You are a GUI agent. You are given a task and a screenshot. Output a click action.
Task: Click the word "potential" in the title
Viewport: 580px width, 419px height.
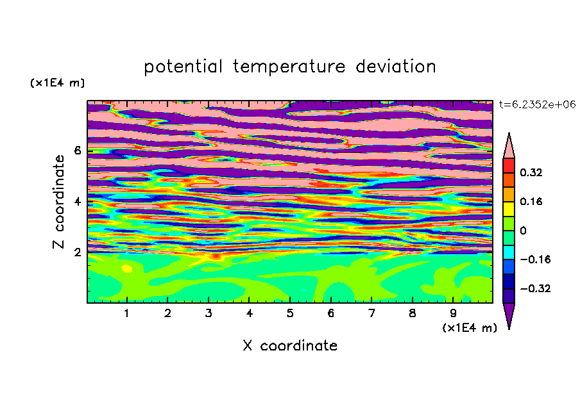pyautogui.click(x=183, y=67)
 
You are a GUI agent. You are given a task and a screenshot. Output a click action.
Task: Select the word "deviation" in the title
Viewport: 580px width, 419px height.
pyautogui.click(x=396, y=67)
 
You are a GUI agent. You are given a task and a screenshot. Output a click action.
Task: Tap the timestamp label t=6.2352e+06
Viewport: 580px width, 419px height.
pyautogui.click(x=537, y=104)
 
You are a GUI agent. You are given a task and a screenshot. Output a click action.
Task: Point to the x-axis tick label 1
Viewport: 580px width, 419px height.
pyautogui.click(x=127, y=313)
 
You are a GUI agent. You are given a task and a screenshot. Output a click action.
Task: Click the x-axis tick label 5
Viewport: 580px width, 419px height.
pyautogui.click(x=290, y=313)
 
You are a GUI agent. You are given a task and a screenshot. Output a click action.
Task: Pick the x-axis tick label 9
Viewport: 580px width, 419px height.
pyautogui.click(x=453, y=313)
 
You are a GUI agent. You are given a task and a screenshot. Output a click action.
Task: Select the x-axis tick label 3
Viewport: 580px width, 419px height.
pyautogui.click(x=209, y=313)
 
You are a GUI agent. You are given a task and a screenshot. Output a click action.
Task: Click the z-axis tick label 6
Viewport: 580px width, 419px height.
pyautogui.click(x=77, y=151)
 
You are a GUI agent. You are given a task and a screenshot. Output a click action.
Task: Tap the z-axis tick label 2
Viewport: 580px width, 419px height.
pyautogui.click(x=77, y=252)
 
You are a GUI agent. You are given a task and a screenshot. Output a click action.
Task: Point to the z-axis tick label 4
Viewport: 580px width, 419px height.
pyautogui.click(x=77, y=202)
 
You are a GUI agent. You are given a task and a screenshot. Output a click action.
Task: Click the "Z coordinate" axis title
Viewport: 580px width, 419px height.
pyautogui.click(x=58, y=202)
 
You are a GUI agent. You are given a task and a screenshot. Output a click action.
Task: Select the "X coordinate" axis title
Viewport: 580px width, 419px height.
pyautogui.click(x=290, y=345)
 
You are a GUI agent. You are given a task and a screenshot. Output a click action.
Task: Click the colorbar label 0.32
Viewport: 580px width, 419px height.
pyautogui.click(x=531, y=172)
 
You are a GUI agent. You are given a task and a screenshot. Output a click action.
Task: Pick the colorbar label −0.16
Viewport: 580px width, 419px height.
pyautogui.click(x=535, y=259)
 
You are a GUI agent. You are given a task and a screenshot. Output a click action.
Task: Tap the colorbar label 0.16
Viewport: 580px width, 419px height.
pyautogui.click(x=531, y=201)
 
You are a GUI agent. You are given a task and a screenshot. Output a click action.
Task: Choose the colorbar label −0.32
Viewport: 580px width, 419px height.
pyautogui.click(x=535, y=288)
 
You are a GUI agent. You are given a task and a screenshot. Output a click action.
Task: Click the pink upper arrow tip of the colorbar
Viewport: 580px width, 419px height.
pyautogui.click(x=509, y=133)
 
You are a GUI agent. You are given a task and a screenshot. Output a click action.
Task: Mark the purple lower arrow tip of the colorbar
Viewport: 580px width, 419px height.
pyautogui.click(x=509, y=329)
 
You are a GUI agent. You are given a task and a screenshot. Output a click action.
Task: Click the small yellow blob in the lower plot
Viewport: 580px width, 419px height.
pyautogui.click(x=127, y=268)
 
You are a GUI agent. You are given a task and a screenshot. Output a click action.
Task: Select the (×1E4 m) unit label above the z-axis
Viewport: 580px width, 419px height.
pyautogui.click(x=57, y=83)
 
